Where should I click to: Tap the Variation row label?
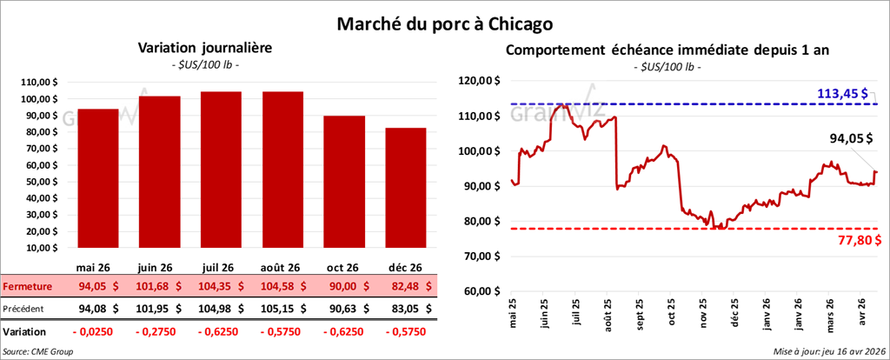24,331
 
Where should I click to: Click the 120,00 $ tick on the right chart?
480,81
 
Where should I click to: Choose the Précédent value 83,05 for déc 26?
403,307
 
